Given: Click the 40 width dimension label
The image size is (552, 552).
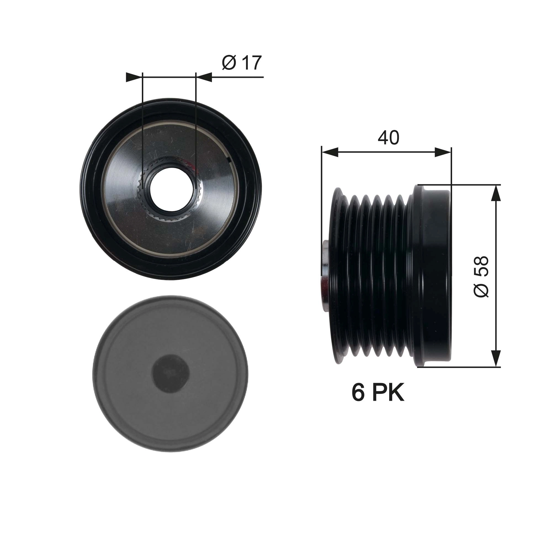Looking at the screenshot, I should tap(388, 138).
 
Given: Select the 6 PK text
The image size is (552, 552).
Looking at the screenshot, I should tap(378, 393).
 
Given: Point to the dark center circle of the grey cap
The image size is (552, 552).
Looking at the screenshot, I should tap(171, 374).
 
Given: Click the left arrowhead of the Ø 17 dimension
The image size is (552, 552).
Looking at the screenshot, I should tap(134, 77).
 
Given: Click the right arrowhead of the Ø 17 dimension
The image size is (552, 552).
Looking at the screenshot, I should tap(204, 77).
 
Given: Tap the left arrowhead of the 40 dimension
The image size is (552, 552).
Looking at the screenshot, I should tap(330, 152).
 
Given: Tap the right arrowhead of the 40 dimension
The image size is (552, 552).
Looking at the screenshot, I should tap(443, 152).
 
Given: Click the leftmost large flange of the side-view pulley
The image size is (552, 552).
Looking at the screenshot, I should tap(337, 276).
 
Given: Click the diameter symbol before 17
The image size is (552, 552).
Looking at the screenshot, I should tap(229, 63).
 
